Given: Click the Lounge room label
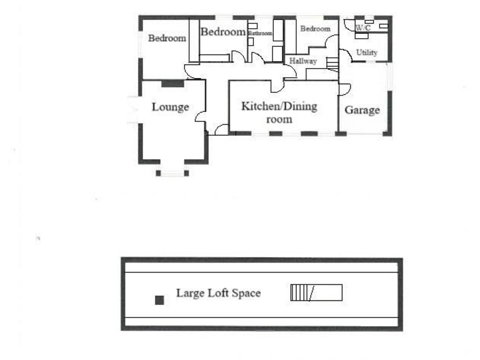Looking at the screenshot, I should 170,107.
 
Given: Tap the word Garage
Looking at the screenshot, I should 362,110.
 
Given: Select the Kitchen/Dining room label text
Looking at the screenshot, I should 279,112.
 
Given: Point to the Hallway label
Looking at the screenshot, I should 303,61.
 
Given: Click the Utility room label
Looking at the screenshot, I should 367,52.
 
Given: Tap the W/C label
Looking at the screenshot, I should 363,28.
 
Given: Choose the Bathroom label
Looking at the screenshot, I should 260,33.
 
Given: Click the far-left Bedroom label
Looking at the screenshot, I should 167,38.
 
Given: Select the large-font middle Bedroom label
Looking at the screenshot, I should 223,32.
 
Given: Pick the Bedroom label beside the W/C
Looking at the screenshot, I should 315,29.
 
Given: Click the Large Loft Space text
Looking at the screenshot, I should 218,292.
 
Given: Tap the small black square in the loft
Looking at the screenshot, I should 159,300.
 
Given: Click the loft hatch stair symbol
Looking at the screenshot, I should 316,292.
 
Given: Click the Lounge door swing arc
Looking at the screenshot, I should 200,116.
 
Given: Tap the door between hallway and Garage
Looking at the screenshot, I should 344,89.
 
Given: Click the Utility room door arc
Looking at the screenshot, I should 345,55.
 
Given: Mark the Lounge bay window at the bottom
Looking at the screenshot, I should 172,172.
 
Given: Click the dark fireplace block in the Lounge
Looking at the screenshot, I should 172,83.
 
